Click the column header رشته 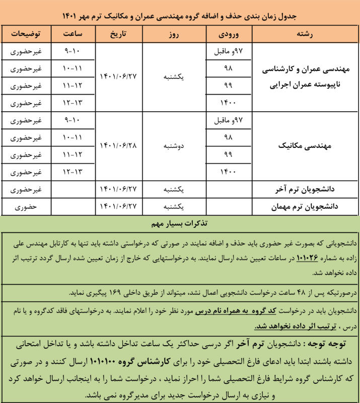pyautogui.click(x=306, y=34)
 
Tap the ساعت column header pyautogui.click(x=73, y=34)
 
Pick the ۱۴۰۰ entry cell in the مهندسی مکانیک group pyautogui.click(x=227, y=172)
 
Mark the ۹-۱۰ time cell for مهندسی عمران pyautogui.click(x=74, y=51)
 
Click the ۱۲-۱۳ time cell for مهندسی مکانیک pyautogui.click(x=74, y=172)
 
